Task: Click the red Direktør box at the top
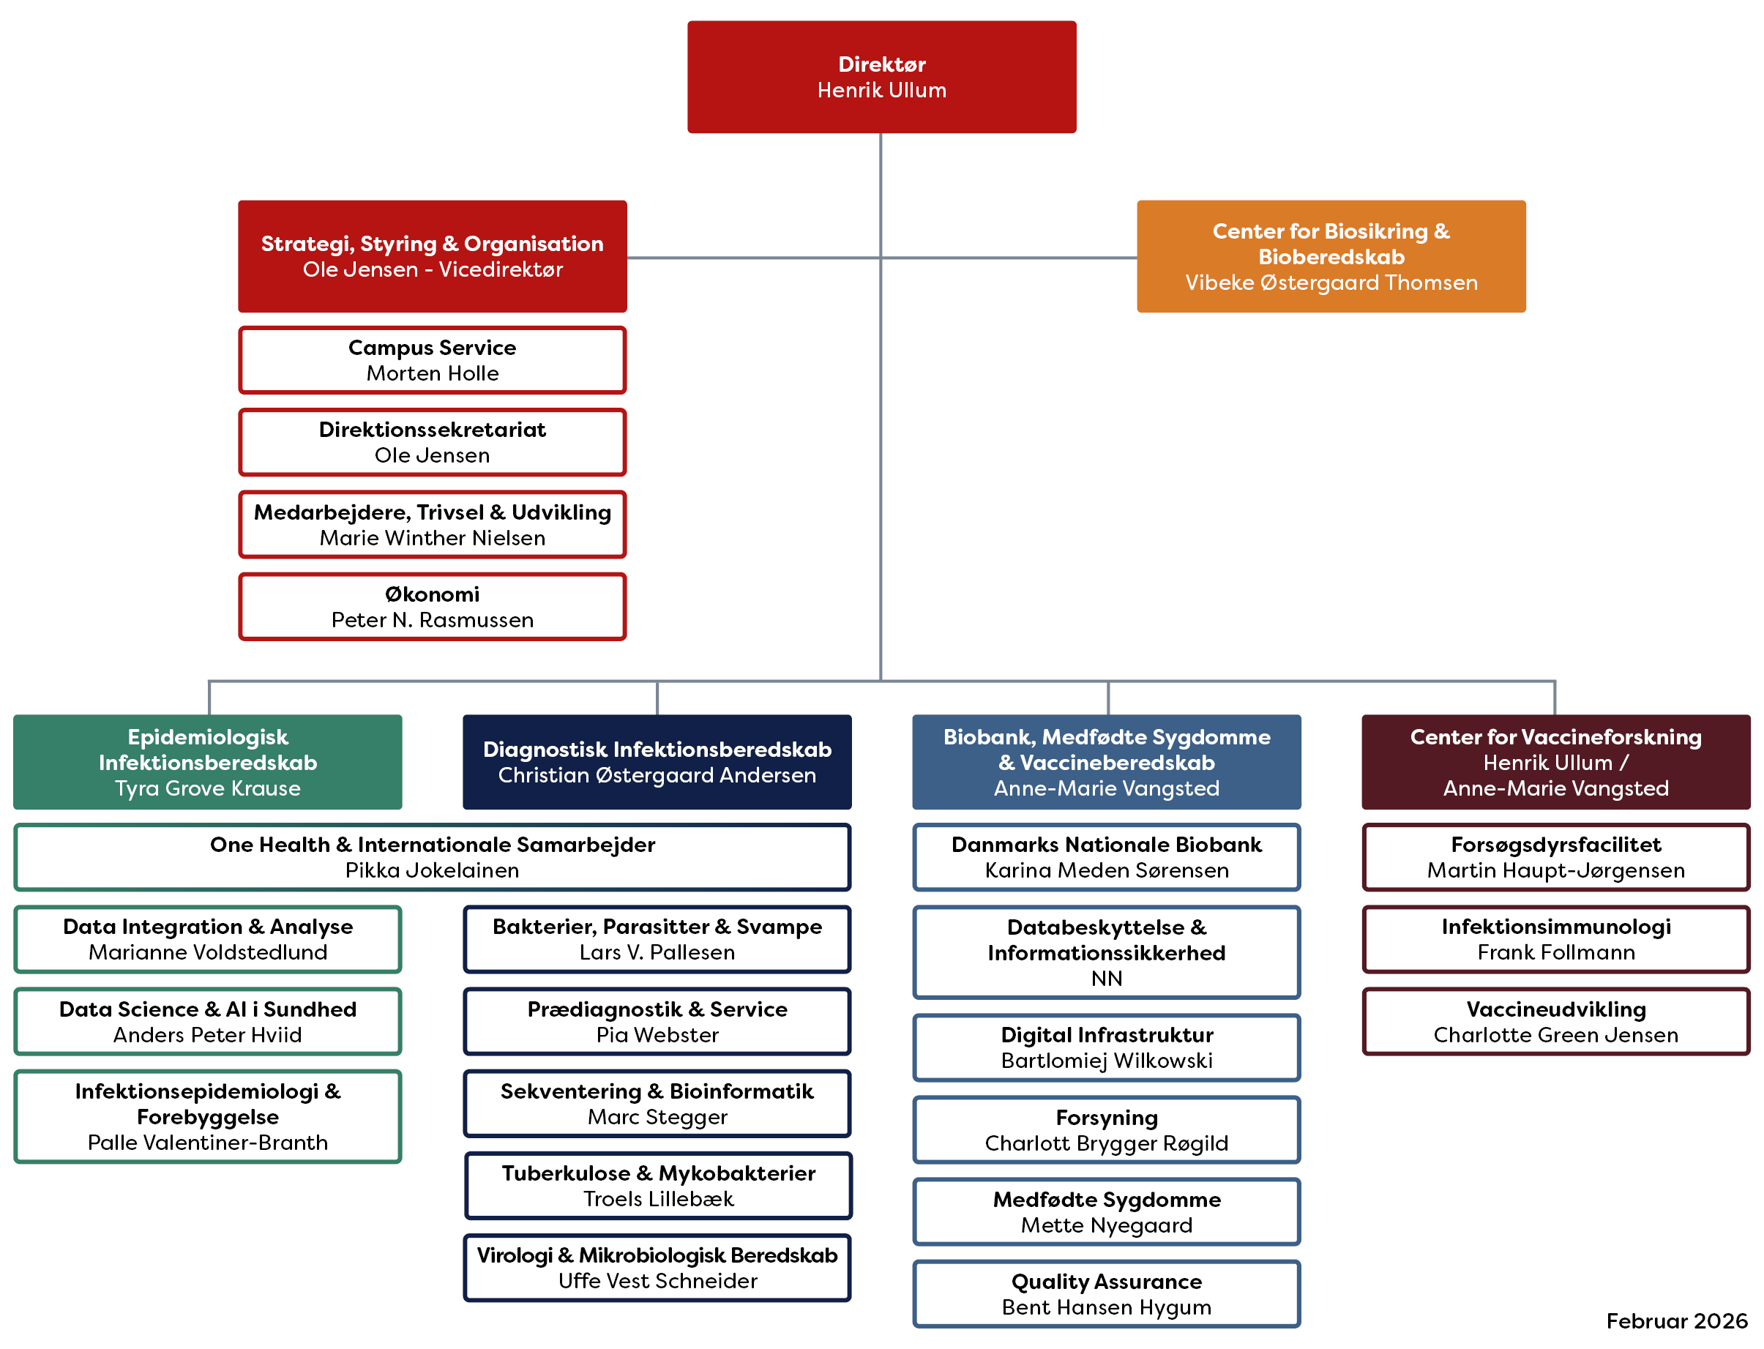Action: point(881,77)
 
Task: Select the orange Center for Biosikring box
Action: point(1331,256)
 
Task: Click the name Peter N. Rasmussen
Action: point(432,620)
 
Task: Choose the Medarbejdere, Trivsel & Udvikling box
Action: point(432,524)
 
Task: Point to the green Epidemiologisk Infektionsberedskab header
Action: point(207,761)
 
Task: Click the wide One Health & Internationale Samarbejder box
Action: point(432,857)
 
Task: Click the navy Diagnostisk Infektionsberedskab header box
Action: point(657,761)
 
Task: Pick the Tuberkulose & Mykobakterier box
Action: point(657,1185)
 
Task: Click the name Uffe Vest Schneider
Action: point(657,1281)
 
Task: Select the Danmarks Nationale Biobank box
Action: point(1107,857)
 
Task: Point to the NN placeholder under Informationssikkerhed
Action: point(1107,978)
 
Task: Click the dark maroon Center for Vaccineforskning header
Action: point(1555,761)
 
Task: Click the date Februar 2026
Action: point(1675,1321)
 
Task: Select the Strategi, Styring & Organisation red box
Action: point(432,256)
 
